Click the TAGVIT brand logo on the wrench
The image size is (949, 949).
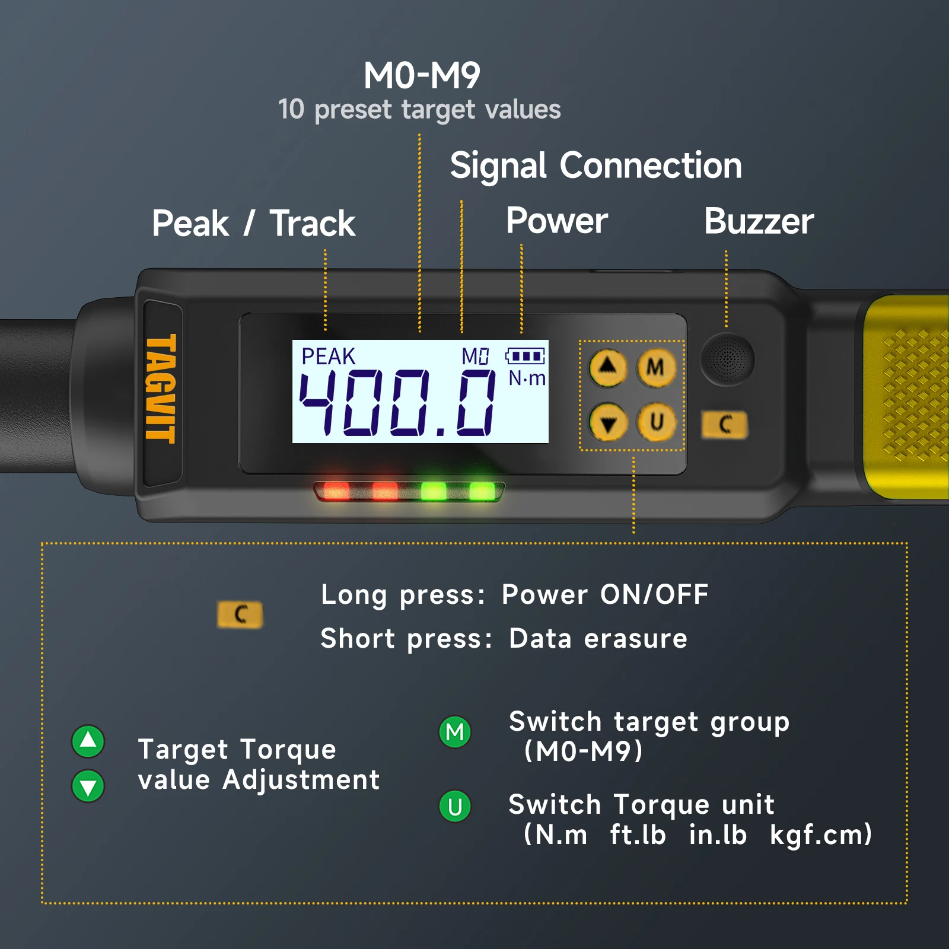tap(161, 388)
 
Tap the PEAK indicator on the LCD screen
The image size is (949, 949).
tap(328, 356)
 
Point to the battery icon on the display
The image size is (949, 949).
tap(525, 356)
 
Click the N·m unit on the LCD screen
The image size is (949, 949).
tap(527, 378)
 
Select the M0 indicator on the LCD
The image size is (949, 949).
tap(475, 356)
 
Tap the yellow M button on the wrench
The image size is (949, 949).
tap(655, 368)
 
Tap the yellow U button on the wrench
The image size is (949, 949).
tap(655, 422)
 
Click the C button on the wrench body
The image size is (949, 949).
tap(725, 425)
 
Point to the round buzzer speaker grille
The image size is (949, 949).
tap(727, 359)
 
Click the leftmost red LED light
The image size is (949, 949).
tap(336, 491)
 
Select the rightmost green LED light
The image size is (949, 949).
tap(482, 491)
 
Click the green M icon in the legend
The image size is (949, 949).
tap(455, 732)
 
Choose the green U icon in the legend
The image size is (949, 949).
tap(455, 807)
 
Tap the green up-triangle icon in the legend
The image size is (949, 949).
tap(88, 741)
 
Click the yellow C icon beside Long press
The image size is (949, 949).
tap(240, 614)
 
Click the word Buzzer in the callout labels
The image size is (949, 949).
tap(759, 222)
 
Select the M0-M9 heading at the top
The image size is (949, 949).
tap(422, 75)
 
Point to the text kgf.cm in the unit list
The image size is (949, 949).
tap(821, 835)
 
